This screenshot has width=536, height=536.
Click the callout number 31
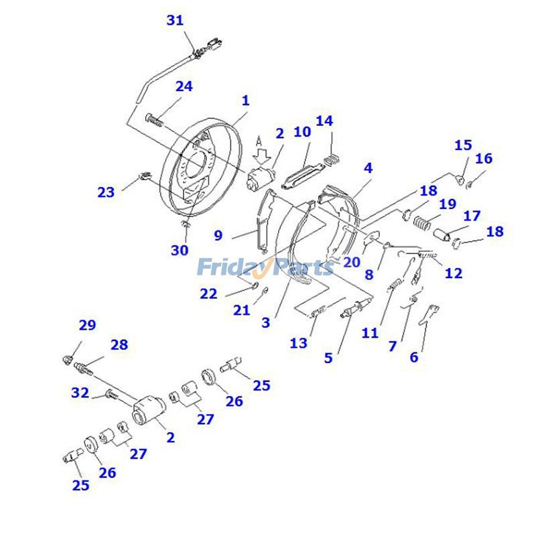tap(175, 21)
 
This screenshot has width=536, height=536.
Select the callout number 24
tap(184, 86)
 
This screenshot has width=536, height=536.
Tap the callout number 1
tap(246, 100)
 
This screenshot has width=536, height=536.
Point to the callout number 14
tap(324, 121)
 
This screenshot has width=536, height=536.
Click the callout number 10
tap(302, 131)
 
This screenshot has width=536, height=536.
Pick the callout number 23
tap(106, 192)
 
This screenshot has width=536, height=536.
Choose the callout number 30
tap(179, 250)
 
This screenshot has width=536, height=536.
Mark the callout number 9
tap(218, 235)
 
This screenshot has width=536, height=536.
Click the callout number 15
tap(463, 145)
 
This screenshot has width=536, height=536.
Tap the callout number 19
tap(448, 204)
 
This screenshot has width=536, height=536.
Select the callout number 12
tap(453, 273)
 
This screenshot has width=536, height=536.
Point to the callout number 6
tap(414, 357)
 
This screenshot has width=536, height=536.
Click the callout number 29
tap(87, 326)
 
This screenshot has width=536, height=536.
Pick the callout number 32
tap(80, 393)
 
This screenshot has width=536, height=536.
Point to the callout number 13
tap(299, 343)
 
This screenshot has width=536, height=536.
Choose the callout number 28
tap(119, 345)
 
